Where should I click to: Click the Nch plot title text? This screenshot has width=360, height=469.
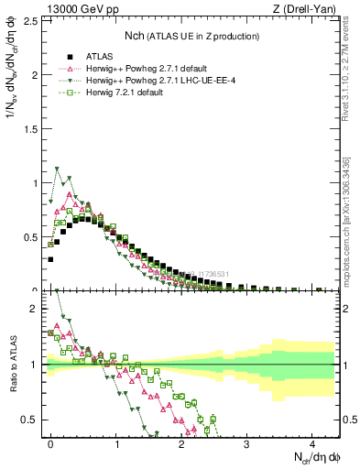(192, 36)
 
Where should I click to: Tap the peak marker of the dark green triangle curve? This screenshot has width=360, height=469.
(58, 169)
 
